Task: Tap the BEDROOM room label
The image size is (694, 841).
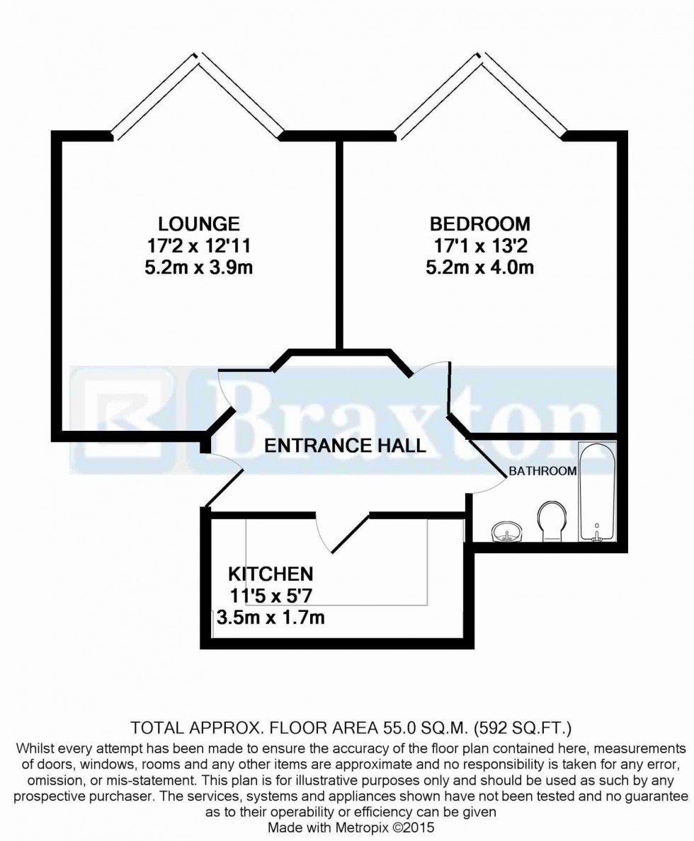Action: pyautogui.click(x=479, y=224)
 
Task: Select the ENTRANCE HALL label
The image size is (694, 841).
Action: pyautogui.click(x=346, y=445)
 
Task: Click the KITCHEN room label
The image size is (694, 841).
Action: pyautogui.click(x=270, y=572)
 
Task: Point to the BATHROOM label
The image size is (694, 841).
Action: pyautogui.click(x=542, y=471)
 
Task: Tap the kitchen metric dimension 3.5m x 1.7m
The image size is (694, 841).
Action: pyautogui.click(x=270, y=617)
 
